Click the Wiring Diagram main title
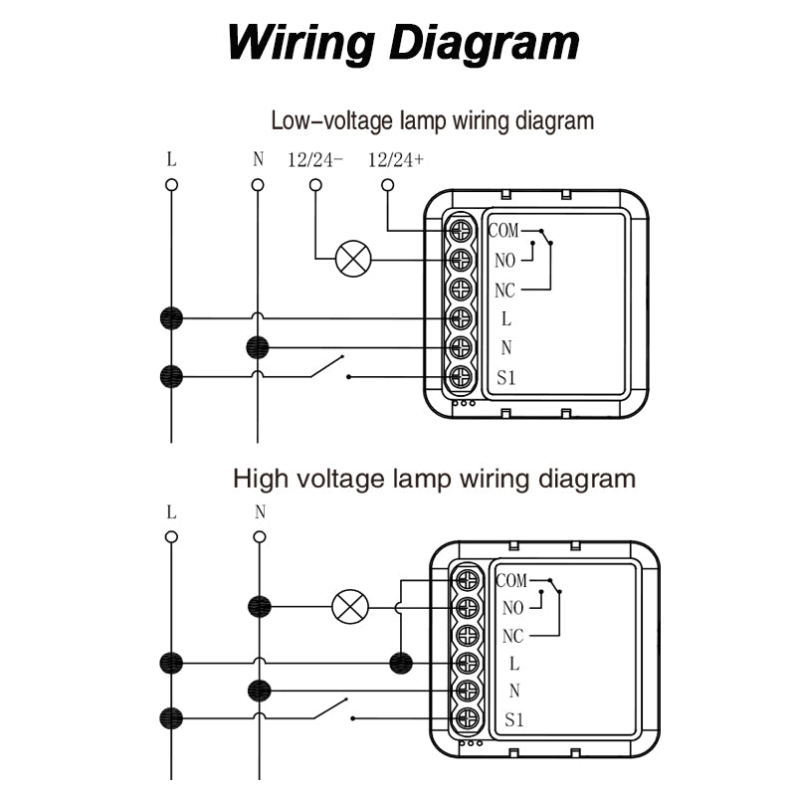403,43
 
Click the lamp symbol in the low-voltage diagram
352,260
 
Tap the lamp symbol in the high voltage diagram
348,606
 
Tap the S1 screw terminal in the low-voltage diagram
460,377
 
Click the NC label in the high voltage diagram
513,636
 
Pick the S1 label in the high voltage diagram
513,719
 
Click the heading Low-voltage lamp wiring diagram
433,121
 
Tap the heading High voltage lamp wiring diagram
434,479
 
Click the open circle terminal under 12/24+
388,185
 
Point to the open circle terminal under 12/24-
315,185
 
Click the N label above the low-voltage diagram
259,159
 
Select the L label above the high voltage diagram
172,513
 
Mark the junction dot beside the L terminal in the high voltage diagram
401,662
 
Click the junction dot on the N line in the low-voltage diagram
258,347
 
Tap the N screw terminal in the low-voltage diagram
460,348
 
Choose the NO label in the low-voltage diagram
505,261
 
